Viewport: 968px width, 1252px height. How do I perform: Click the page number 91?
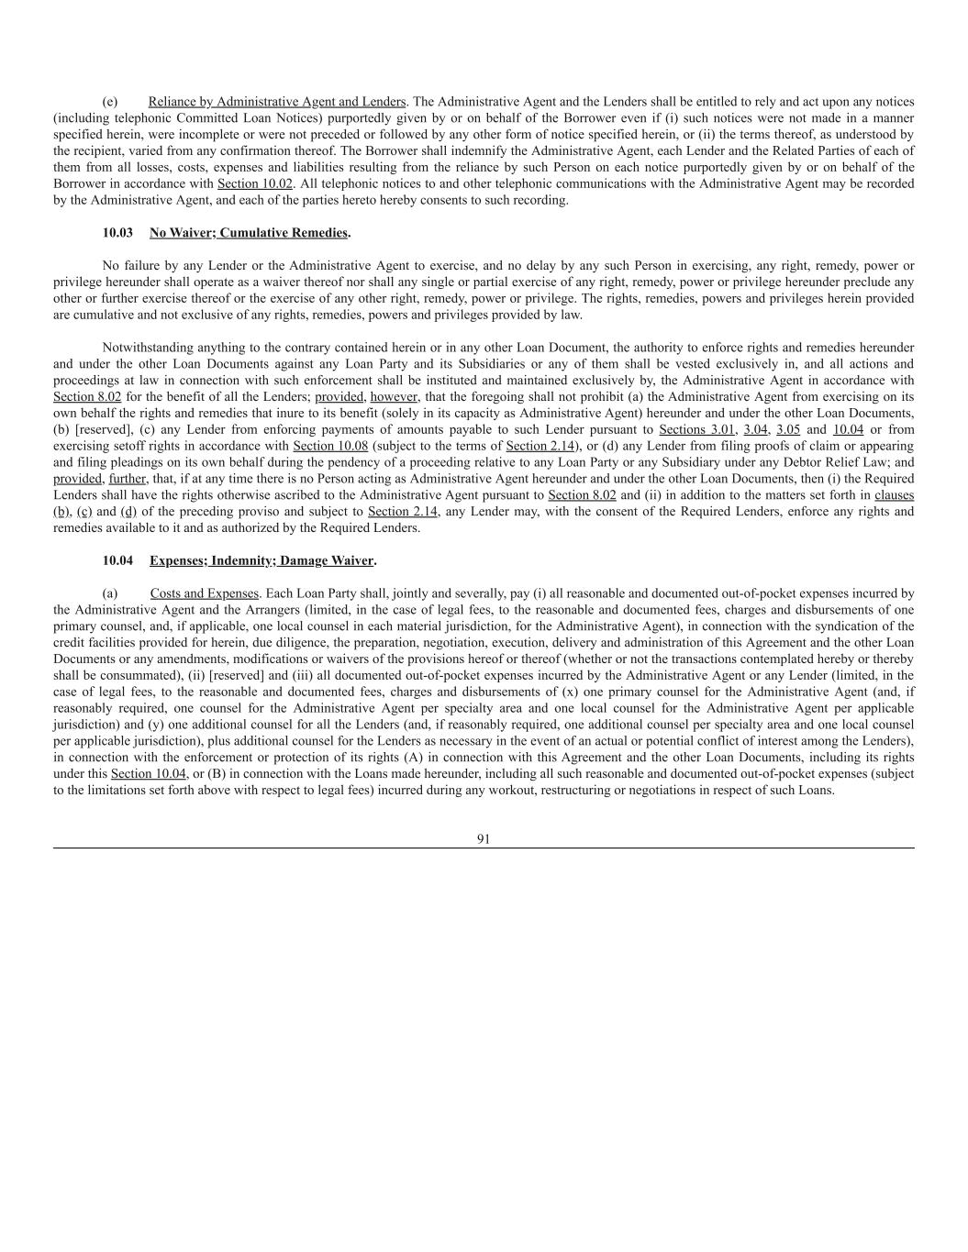click(x=484, y=838)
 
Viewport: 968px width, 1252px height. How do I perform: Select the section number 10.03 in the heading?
click(x=117, y=233)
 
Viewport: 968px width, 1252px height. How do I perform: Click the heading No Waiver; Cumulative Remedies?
click(x=249, y=233)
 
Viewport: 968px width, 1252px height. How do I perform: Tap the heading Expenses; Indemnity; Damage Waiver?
click(x=261, y=560)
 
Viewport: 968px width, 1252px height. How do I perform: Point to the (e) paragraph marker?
click(x=109, y=102)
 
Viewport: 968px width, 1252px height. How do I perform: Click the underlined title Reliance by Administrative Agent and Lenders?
click(x=277, y=102)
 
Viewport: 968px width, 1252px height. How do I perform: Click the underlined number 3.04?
click(x=755, y=429)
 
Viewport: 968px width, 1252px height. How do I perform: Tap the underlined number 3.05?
click(x=788, y=429)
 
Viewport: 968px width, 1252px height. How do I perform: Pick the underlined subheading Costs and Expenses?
click(x=205, y=593)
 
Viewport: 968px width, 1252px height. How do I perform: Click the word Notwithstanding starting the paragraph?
click(x=148, y=348)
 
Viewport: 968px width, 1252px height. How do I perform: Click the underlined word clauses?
click(x=894, y=495)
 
